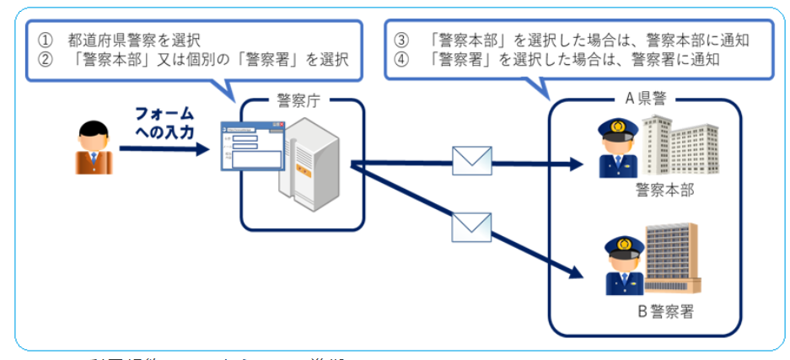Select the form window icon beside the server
click(251, 148)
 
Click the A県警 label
click(645, 99)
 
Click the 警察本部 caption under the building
click(665, 191)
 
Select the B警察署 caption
click(665, 312)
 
